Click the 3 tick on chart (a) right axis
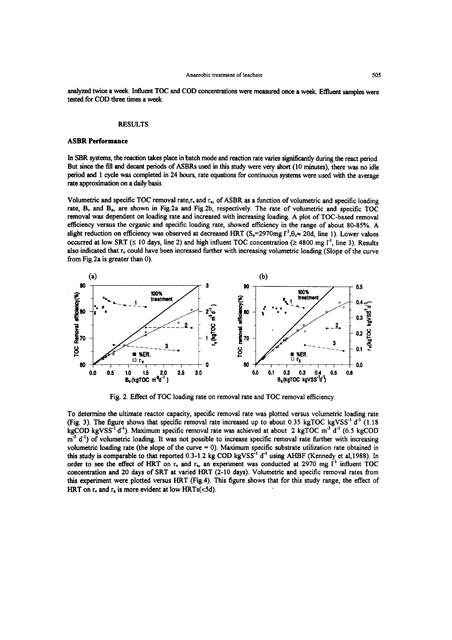tap(207, 285)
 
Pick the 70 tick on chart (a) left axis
tap(83, 337)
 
